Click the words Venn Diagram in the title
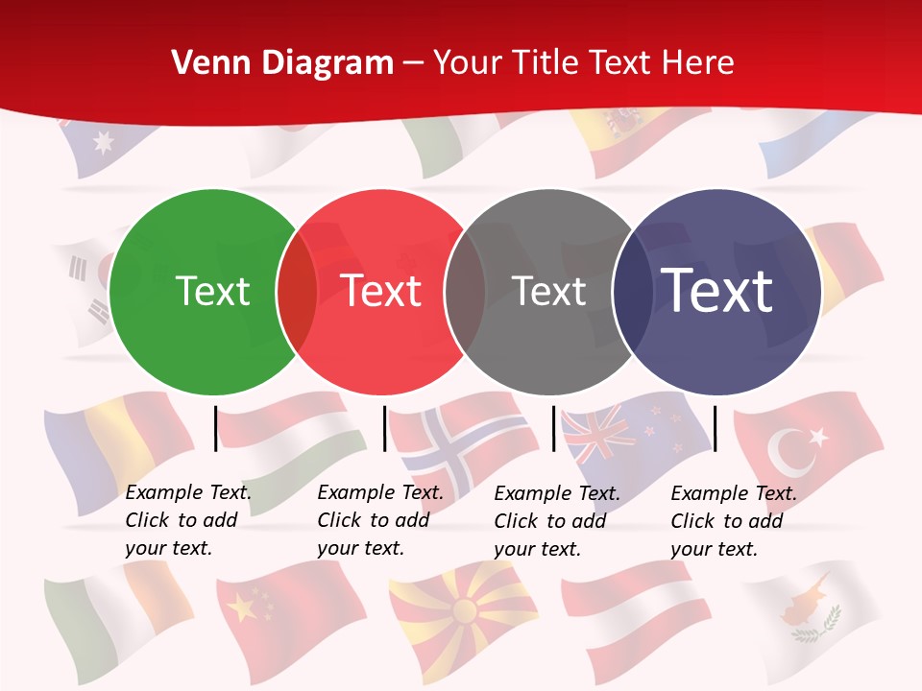click(282, 63)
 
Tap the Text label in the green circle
click(212, 291)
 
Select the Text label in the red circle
click(381, 291)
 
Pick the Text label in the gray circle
click(548, 291)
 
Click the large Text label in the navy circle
click(717, 291)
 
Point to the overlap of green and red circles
click(297, 292)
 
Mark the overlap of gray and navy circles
click(631, 292)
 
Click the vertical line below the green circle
click(216, 428)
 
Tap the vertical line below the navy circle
click(716, 428)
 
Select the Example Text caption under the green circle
click(187, 520)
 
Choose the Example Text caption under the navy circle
click(733, 520)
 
